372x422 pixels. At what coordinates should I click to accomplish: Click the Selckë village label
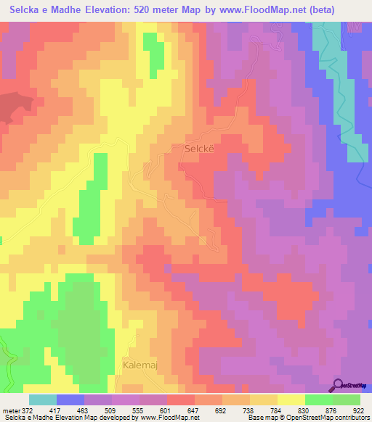[195, 148]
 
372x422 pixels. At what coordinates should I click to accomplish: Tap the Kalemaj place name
[139, 365]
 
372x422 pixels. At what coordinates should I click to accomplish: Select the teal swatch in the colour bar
[43, 400]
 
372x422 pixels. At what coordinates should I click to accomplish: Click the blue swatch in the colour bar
[70, 400]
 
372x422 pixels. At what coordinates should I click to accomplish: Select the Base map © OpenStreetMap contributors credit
[307, 418]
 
